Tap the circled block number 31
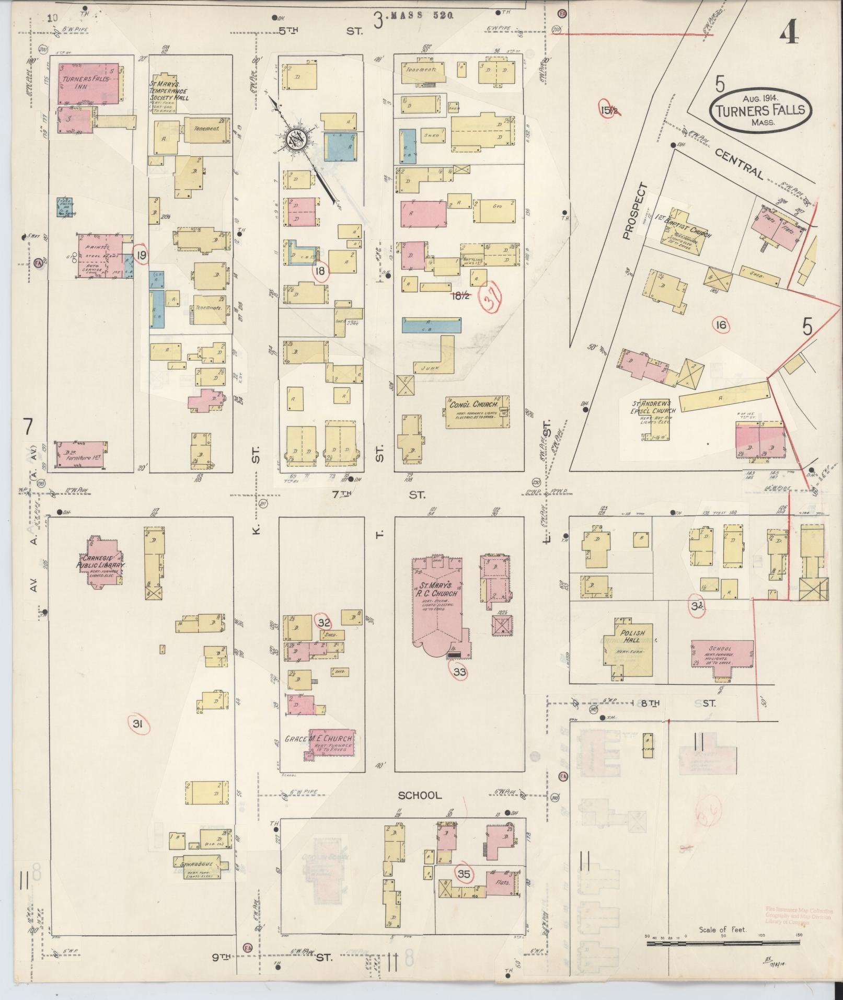pyautogui.click(x=138, y=724)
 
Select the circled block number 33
pyautogui.click(x=459, y=672)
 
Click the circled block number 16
pyautogui.click(x=721, y=325)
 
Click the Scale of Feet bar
pyautogui.click(x=723, y=943)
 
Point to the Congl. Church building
pyautogui.click(x=477, y=412)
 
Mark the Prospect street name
pyautogui.click(x=633, y=212)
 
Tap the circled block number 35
pyautogui.click(x=464, y=873)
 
